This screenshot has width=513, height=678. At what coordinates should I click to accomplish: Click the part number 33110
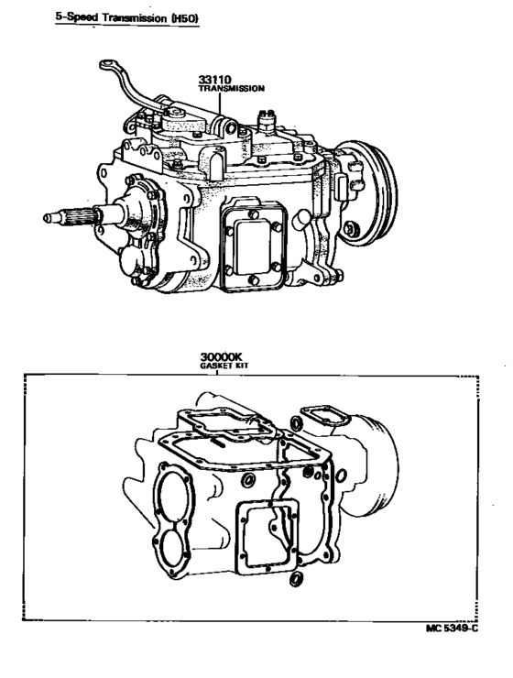pos(214,80)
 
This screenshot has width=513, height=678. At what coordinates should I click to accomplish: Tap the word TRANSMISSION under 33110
pos(231,89)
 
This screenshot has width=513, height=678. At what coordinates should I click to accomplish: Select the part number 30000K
pos(222,357)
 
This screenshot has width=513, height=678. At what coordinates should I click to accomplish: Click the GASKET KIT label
pos(224,366)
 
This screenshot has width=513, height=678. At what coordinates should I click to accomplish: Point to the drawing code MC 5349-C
pos(452,629)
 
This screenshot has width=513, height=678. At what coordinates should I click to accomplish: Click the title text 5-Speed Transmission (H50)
pos(127,17)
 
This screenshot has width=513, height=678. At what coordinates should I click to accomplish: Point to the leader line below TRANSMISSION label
pos(220,104)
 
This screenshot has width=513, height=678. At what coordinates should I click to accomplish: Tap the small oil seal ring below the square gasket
pos(296,579)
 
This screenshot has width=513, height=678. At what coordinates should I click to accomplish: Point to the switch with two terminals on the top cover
pos(266,122)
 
